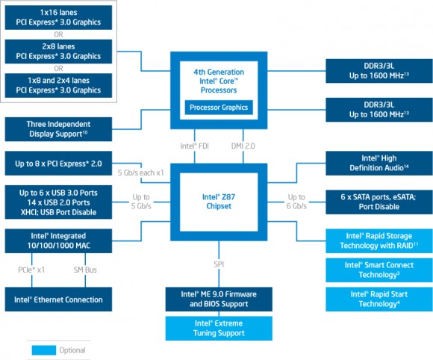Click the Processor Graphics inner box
tap(219, 108)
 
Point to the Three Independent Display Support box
tap(59, 128)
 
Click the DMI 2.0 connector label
tap(243, 146)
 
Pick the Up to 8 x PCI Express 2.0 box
tap(59, 163)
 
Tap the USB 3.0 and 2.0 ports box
tap(59, 202)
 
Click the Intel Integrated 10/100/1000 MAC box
tap(59, 240)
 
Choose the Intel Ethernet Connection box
tap(59, 300)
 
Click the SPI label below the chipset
tap(219, 264)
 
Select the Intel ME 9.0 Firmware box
tap(219, 299)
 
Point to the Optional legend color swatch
tap(43, 350)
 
